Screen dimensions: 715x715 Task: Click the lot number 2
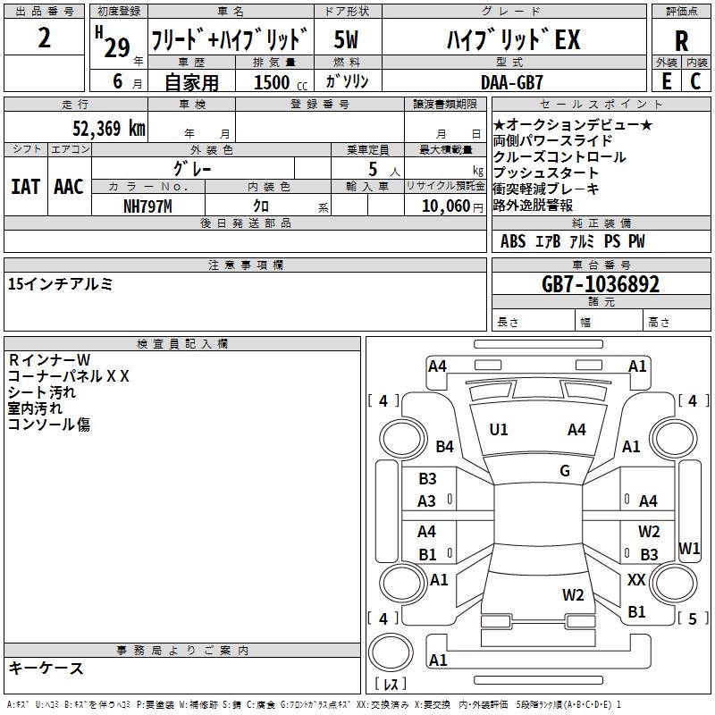pyautogui.click(x=45, y=39)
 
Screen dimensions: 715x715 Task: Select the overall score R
pyautogui.click(x=681, y=41)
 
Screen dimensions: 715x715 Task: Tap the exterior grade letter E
pyautogui.click(x=667, y=80)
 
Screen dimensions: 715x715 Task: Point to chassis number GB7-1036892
pyautogui.click(x=601, y=284)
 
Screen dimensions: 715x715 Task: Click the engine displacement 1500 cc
pyautogui.click(x=277, y=82)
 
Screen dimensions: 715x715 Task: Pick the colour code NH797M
pyautogui.click(x=148, y=205)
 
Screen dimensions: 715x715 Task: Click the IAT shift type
pyautogui.click(x=25, y=187)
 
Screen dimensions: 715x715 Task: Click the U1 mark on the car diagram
pyautogui.click(x=499, y=430)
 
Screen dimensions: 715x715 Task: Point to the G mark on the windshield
pyautogui.click(x=565, y=471)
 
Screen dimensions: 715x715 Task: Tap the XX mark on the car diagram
pyautogui.click(x=636, y=580)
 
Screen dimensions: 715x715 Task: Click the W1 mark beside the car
pyautogui.click(x=689, y=548)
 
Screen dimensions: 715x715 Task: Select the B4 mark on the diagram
pyautogui.click(x=445, y=446)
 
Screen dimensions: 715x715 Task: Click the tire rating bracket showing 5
pyautogui.click(x=692, y=618)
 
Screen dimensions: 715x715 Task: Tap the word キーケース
pyautogui.click(x=46, y=669)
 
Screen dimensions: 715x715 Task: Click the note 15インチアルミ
pyautogui.click(x=60, y=284)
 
